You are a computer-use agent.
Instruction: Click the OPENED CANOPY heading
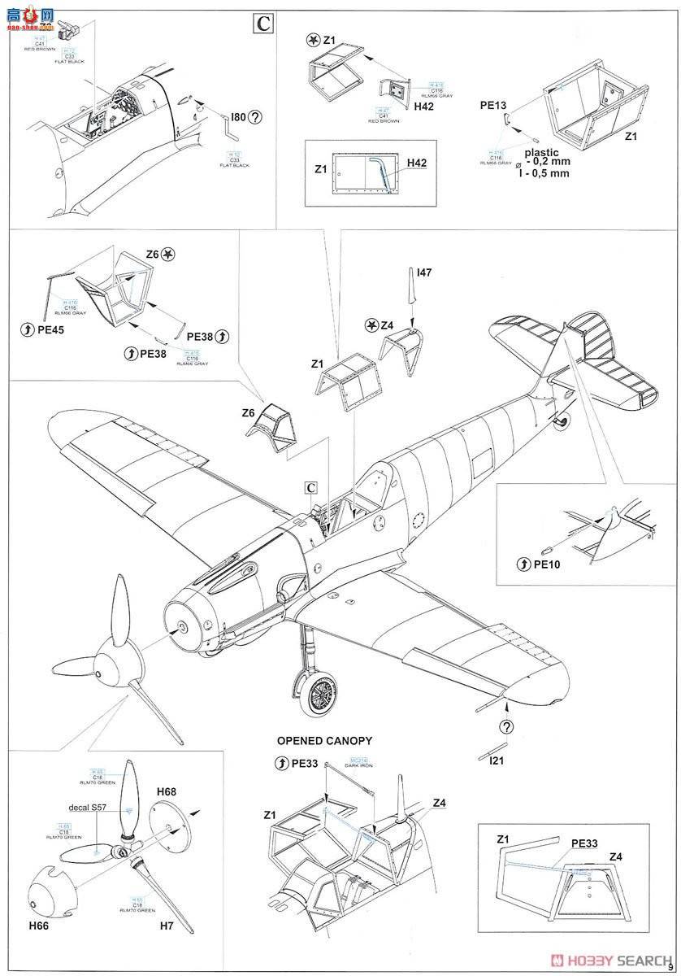[x=324, y=740]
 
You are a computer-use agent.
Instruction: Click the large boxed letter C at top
[x=262, y=24]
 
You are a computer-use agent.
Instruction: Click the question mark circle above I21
[x=506, y=726]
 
